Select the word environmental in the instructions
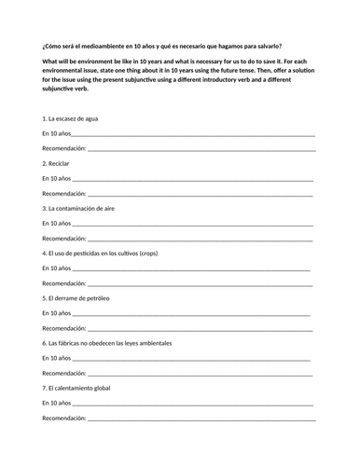click(x=69, y=71)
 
